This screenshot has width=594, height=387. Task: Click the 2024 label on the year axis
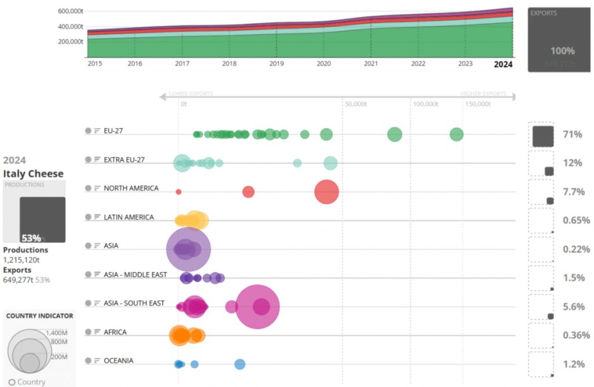503,64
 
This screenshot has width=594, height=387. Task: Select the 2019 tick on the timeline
276,64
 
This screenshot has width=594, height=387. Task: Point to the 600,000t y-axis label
70,11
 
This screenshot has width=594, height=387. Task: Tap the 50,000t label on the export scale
355,104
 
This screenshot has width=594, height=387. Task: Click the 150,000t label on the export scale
477,104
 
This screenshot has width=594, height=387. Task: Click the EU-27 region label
113,131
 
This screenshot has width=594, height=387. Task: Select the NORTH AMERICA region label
131,189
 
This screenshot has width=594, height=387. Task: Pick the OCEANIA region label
118,361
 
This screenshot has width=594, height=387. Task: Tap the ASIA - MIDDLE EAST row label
135,274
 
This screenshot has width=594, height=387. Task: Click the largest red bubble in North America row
327,192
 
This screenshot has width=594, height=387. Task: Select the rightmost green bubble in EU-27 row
457,135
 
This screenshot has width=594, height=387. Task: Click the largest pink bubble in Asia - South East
258,307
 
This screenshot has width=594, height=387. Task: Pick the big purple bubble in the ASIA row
189,249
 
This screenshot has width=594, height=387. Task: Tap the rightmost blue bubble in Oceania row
240,364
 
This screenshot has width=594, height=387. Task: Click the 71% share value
572,135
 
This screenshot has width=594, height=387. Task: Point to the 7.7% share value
573,192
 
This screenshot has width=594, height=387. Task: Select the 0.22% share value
576,249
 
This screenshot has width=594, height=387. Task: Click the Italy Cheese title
33,173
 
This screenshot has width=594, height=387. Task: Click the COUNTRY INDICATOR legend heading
39,316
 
